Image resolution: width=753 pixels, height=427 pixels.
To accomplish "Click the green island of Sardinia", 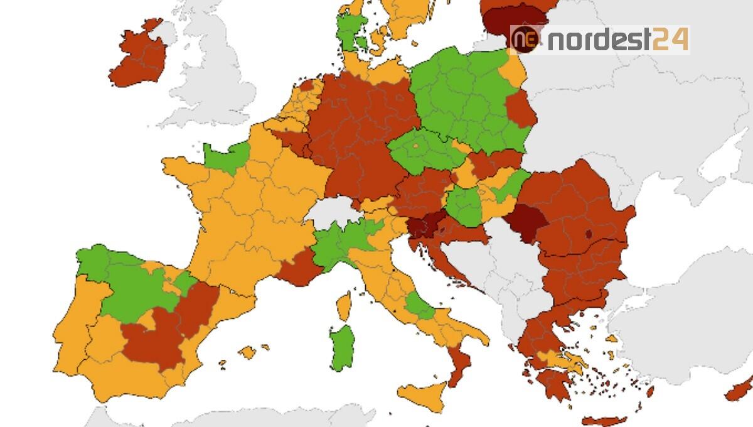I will click(x=342, y=347).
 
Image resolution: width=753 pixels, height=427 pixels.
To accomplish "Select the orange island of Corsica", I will click(x=344, y=306).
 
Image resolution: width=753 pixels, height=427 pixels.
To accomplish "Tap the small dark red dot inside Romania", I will click(x=589, y=234).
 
